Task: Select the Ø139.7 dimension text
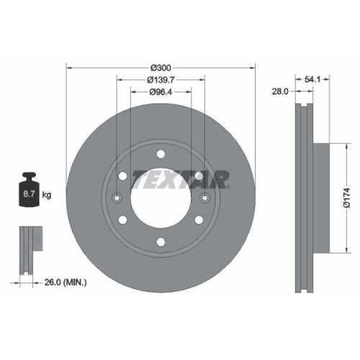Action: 161,80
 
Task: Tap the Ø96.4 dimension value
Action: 161,92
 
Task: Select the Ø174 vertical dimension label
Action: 346,199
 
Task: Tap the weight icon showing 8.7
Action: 30,192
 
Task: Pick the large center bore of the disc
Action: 161,200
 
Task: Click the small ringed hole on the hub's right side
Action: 204,199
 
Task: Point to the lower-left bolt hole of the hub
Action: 123,221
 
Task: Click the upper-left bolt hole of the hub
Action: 123,177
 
